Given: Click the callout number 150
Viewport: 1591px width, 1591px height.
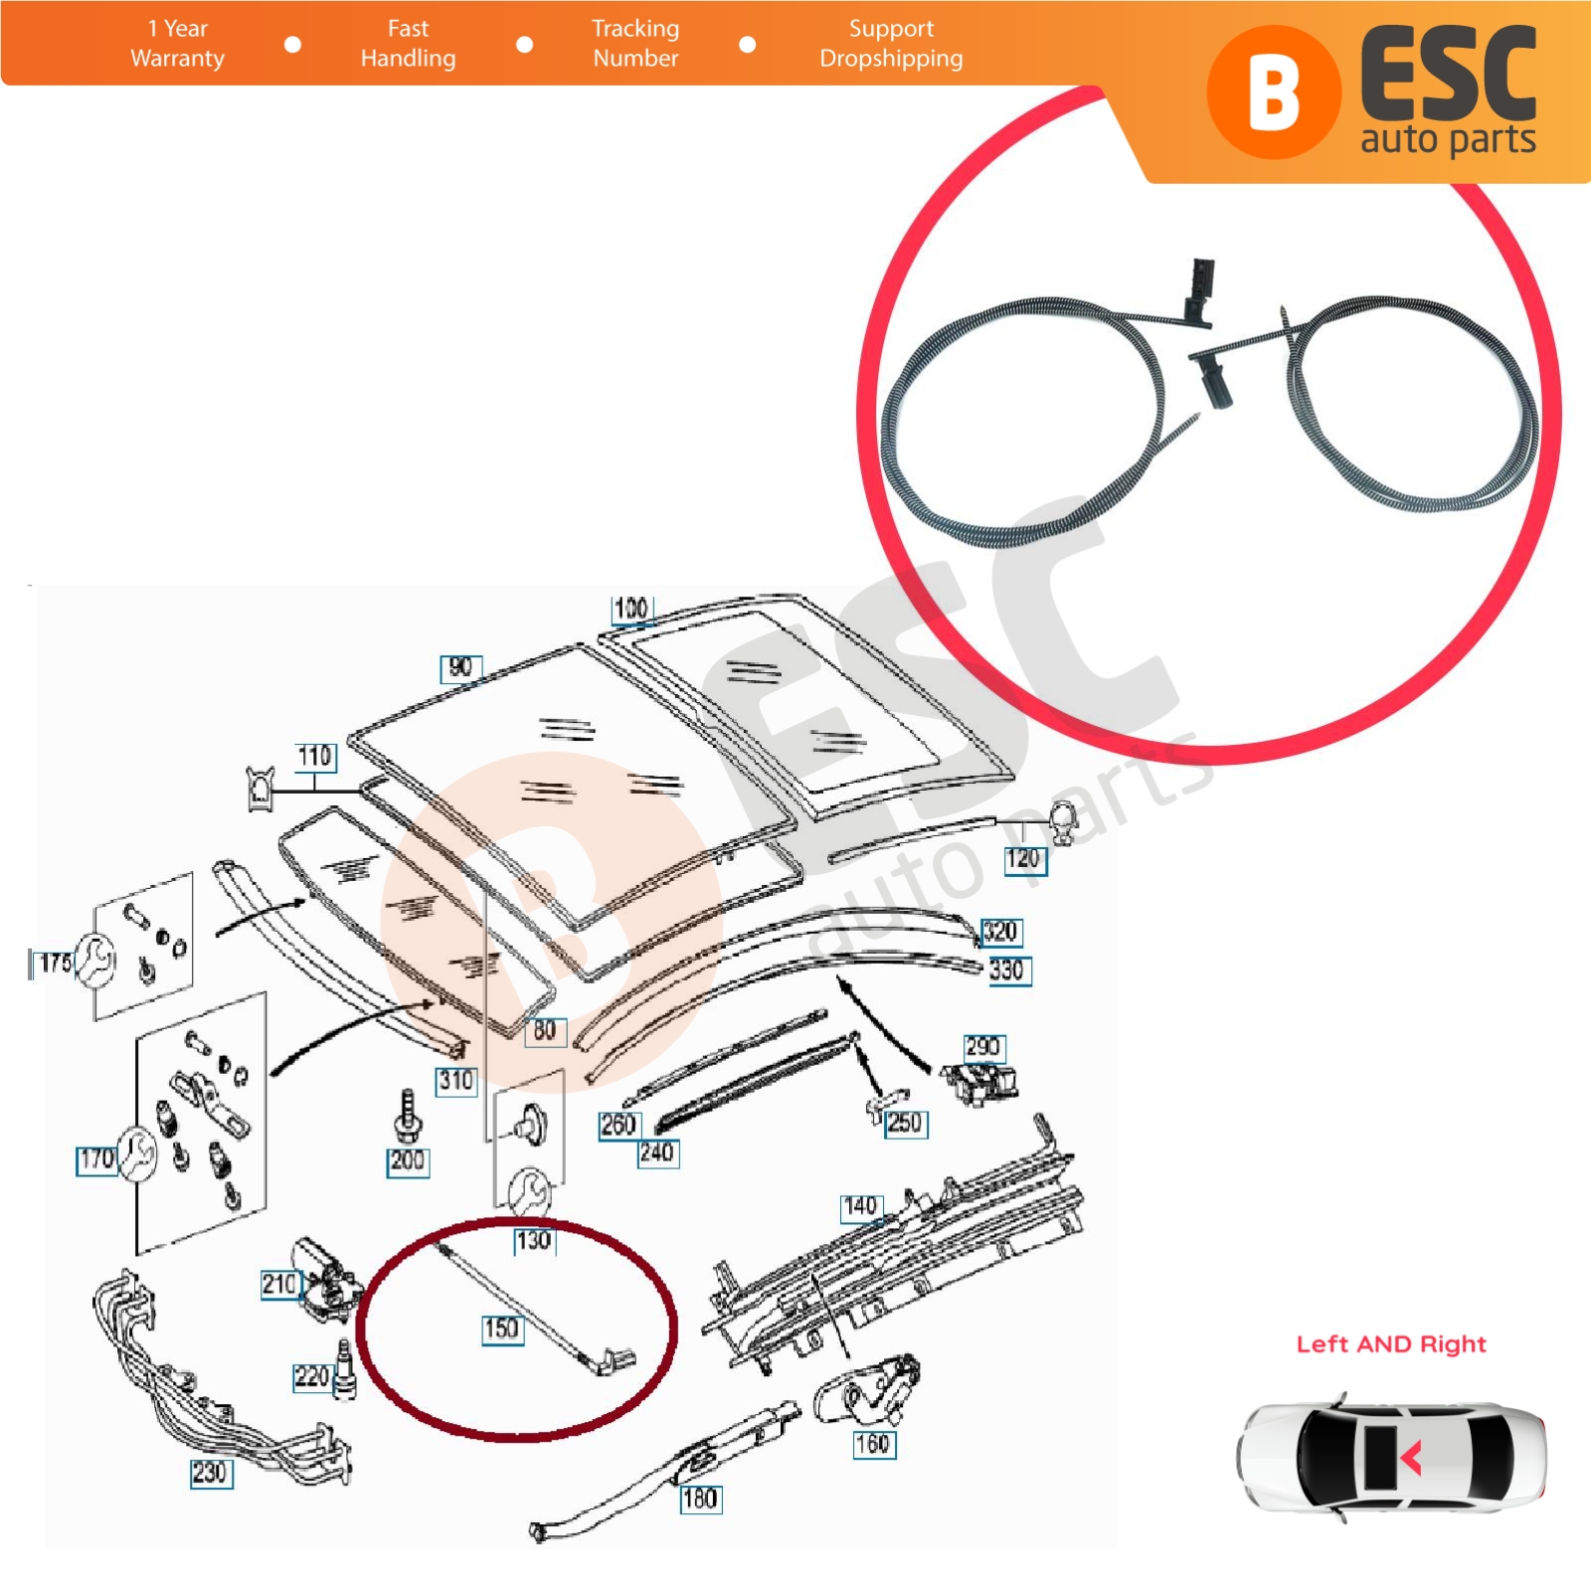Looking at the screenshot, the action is (x=501, y=1329).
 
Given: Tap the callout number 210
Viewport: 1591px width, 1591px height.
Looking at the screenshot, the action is (x=279, y=1285).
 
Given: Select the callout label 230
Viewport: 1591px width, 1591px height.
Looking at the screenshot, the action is (x=211, y=1474).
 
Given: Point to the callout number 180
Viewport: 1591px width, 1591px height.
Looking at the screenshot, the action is (x=700, y=1500).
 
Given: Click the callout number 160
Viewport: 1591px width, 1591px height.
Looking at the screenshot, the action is (x=874, y=1444).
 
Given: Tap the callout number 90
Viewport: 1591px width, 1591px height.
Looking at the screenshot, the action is (x=461, y=669).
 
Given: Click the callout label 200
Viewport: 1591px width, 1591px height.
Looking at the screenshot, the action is (x=408, y=1161).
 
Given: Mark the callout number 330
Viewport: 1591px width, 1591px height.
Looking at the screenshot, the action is (x=1008, y=971).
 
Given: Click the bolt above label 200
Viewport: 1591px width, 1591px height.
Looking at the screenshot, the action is (x=407, y=1118).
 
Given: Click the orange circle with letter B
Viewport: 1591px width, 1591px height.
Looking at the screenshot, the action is (x=1274, y=92).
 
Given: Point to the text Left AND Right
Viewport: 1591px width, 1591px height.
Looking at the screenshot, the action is (x=1391, y=1344).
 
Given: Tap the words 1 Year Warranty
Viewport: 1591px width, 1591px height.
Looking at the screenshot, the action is (x=178, y=44).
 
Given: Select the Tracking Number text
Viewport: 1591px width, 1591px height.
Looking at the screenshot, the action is (x=635, y=44).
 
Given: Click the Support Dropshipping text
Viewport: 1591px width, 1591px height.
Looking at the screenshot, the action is (x=891, y=44).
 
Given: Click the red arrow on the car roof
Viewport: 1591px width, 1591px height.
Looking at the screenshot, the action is (x=1411, y=1458).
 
